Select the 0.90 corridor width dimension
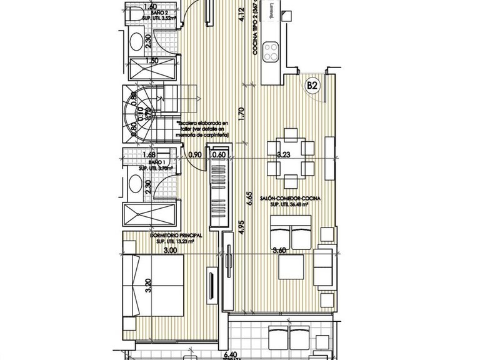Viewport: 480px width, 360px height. point(195,155)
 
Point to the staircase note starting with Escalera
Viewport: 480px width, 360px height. point(204,129)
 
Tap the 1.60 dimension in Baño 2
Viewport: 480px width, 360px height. point(150,7)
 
